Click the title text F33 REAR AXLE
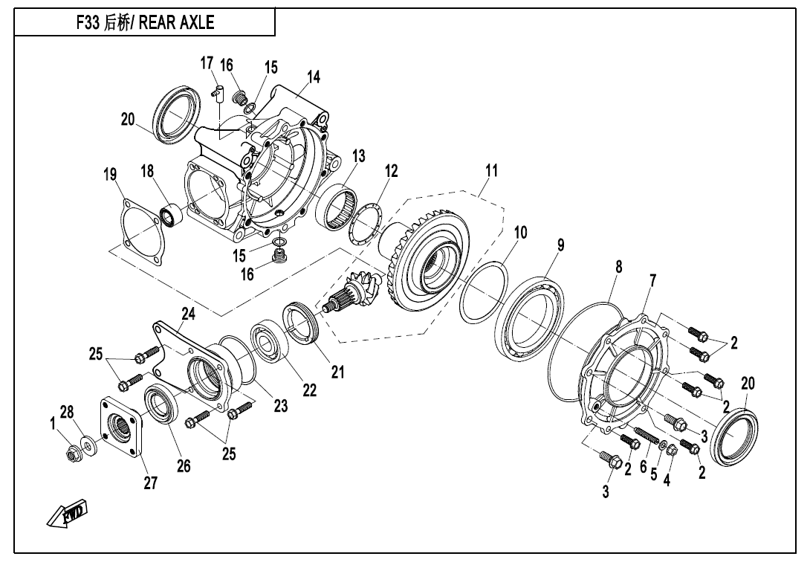146,23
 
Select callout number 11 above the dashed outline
490,170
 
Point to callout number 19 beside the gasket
110,175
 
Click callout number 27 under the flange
150,483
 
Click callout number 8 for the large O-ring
618,265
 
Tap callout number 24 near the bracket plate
188,314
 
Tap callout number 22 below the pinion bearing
309,390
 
